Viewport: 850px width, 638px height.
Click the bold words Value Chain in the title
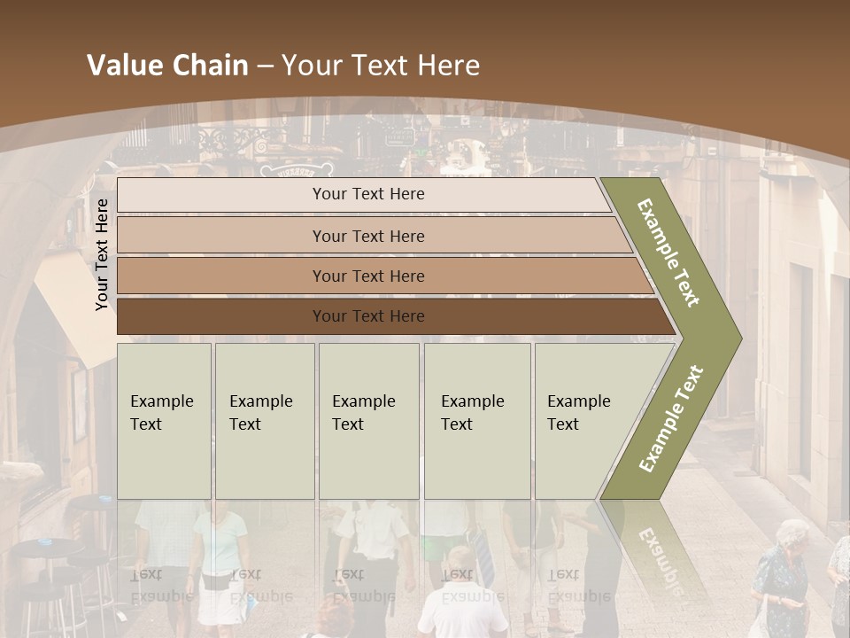[x=167, y=66]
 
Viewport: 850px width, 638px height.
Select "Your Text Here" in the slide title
[x=381, y=66]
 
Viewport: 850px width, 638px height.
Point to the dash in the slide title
[x=265, y=66]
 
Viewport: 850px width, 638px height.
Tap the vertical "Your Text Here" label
[x=103, y=254]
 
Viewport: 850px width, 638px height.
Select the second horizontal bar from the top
[x=368, y=236]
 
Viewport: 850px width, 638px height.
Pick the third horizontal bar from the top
[x=368, y=276]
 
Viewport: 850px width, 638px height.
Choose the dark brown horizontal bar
[x=368, y=316]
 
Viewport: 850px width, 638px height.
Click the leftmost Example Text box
[x=164, y=421]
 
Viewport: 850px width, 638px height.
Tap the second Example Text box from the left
[x=264, y=421]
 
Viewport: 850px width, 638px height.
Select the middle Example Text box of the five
[x=368, y=421]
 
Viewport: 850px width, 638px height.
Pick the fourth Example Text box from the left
[x=476, y=421]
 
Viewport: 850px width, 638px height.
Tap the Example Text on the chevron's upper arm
[x=669, y=253]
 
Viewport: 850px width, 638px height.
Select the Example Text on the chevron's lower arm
[x=671, y=418]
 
